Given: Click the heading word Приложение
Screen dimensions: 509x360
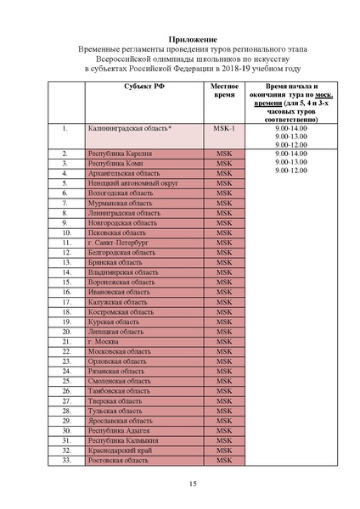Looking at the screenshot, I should [x=180, y=39].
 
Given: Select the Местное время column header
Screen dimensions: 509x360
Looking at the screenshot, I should [x=223, y=92].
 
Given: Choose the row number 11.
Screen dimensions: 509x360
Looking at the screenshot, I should [x=65, y=242].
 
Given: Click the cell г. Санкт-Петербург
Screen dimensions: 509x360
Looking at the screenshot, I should [x=120, y=242].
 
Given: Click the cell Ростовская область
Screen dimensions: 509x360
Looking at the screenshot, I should [x=120, y=461].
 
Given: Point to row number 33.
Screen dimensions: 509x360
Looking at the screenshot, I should [x=65, y=461].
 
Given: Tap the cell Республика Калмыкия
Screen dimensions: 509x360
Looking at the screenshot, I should [x=124, y=440].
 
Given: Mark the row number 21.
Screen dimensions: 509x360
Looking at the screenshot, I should [x=65, y=341].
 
